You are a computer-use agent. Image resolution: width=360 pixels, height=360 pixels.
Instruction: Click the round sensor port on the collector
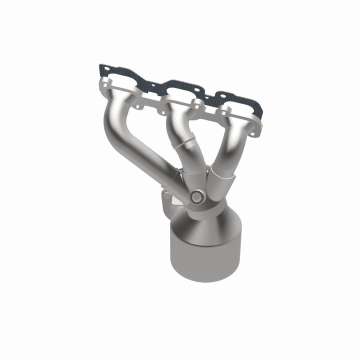point(196,197)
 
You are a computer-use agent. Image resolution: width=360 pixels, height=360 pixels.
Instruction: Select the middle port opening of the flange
point(179,94)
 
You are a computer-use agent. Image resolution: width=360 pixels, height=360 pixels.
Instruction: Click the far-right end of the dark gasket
point(260,112)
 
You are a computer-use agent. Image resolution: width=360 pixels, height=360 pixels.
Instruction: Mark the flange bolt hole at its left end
point(106,83)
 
